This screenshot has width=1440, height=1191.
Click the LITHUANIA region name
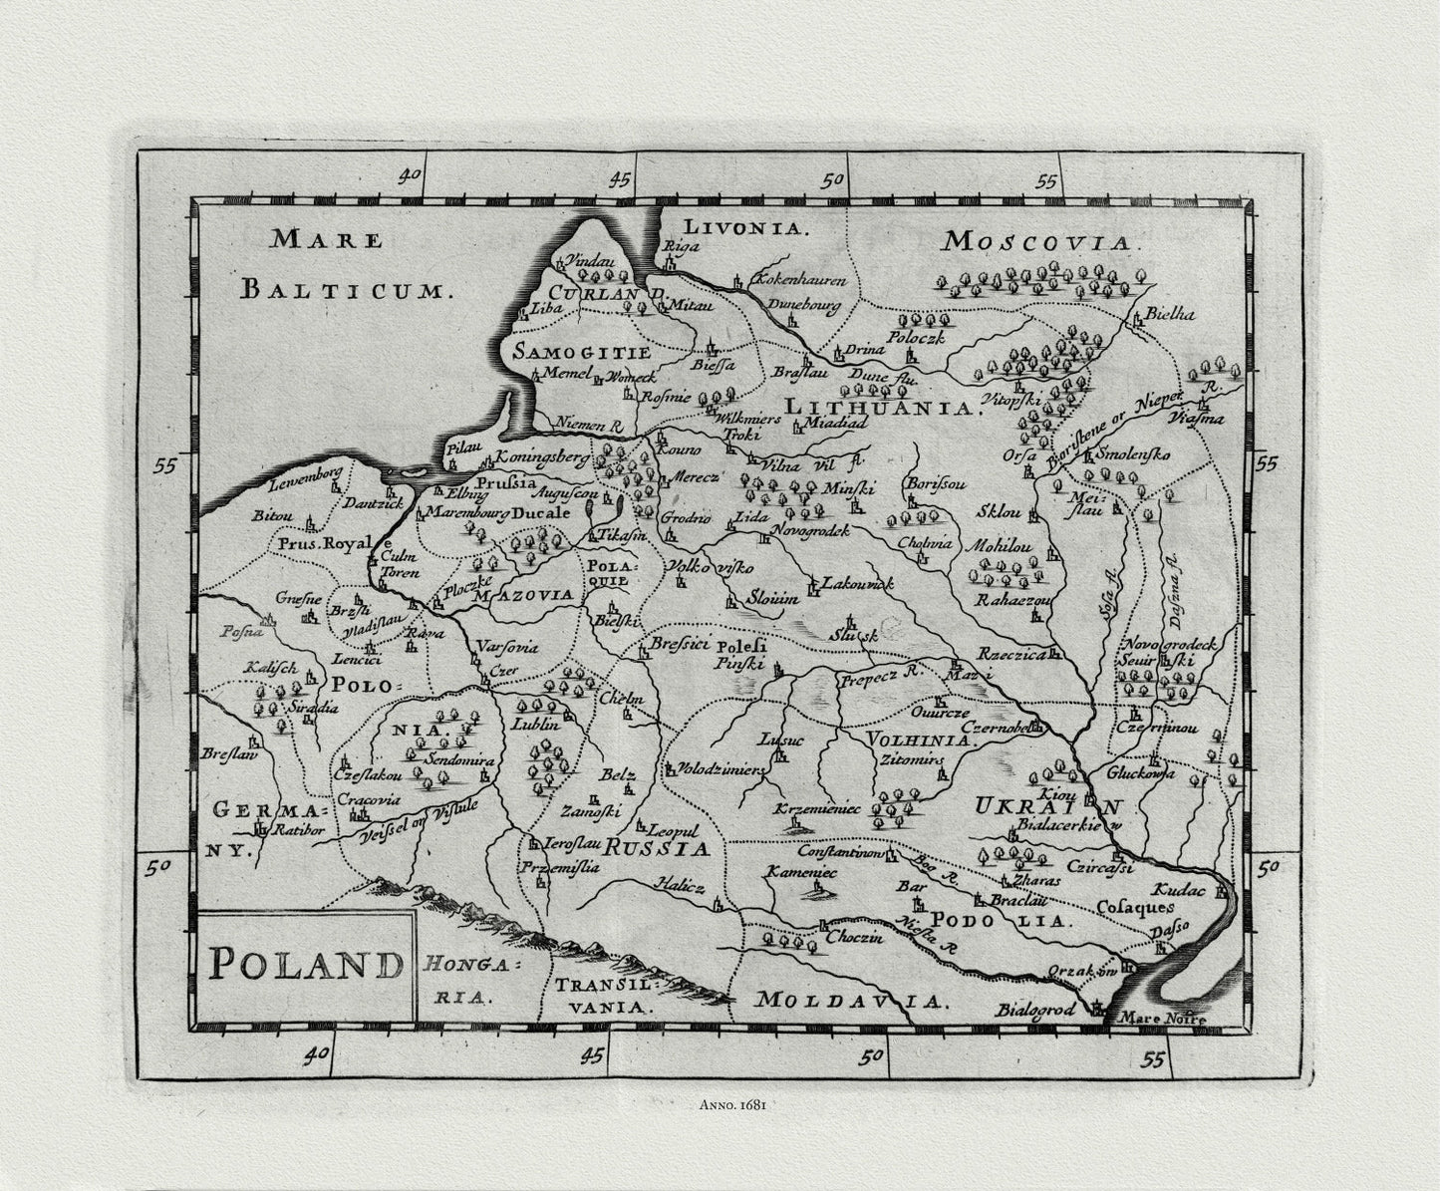tap(877, 408)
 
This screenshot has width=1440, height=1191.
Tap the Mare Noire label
tap(1162, 1019)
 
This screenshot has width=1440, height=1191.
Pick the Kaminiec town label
tap(801, 872)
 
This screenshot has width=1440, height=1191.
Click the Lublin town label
tap(538, 725)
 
